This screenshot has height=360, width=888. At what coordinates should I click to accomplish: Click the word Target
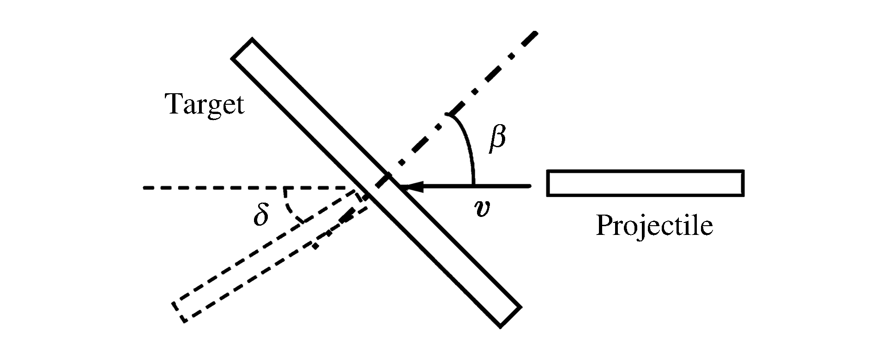tap(205, 104)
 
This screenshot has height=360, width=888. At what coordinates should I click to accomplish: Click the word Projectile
tap(654, 226)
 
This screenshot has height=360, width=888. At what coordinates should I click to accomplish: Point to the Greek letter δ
tap(261, 215)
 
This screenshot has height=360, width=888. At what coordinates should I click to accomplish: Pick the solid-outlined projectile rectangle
tap(645, 183)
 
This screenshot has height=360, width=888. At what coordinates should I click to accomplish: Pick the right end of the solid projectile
tap(743, 183)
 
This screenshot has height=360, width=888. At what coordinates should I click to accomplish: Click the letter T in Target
tap(175, 104)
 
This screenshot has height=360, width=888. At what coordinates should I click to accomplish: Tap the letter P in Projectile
tap(604, 226)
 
